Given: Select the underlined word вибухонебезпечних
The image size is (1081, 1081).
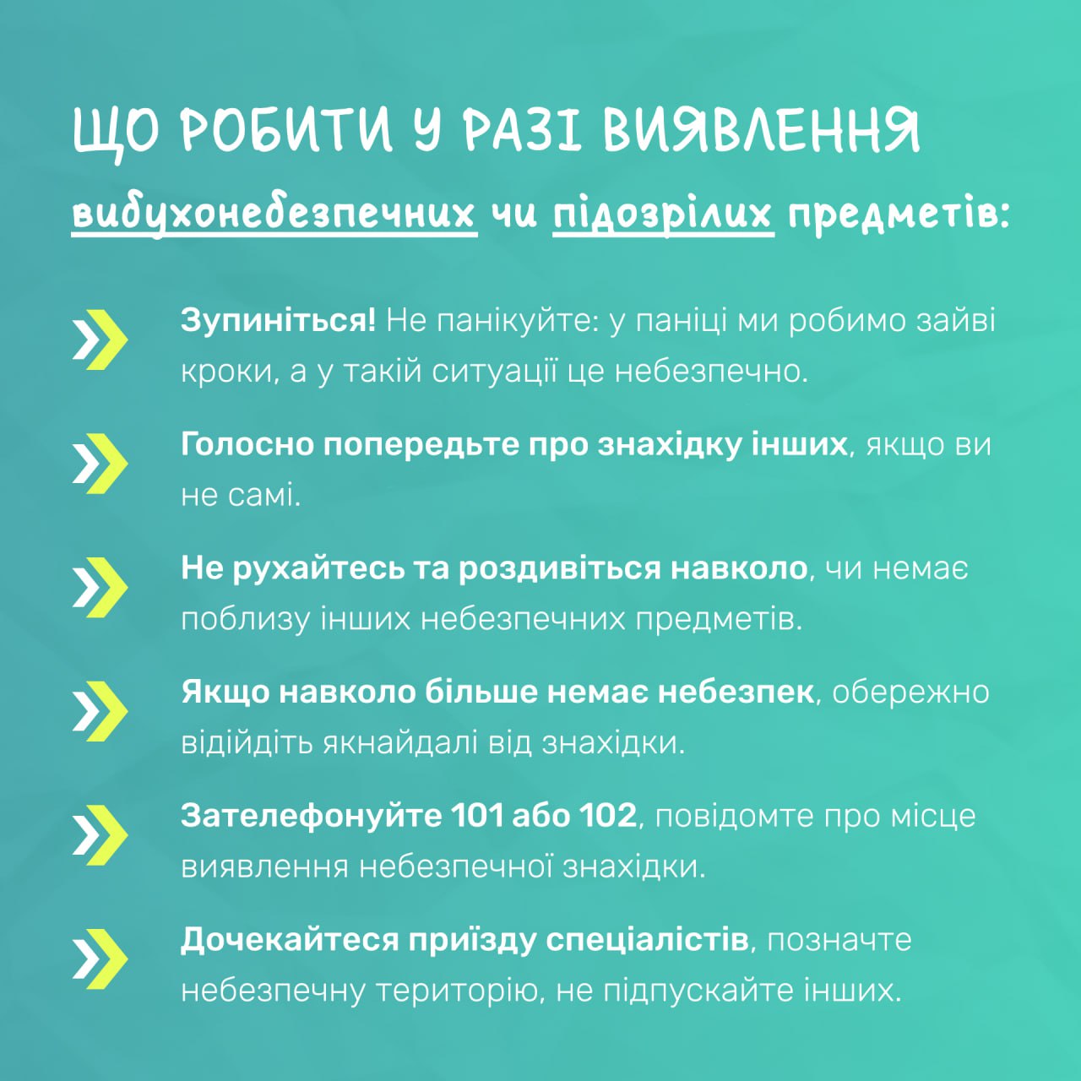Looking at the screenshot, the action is (x=274, y=215).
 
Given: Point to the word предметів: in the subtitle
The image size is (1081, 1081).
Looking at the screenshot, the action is (x=899, y=215).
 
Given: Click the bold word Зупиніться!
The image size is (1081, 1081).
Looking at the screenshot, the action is (x=278, y=322).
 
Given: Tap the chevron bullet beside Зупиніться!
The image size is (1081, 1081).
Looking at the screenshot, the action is (x=100, y=340).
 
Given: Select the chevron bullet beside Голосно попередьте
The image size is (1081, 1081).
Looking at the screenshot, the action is (x=100, y=464).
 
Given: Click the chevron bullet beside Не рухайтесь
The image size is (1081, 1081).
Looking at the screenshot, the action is (x=100, y=587).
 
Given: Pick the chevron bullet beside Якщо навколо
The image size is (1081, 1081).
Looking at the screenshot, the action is (x=100, y=711).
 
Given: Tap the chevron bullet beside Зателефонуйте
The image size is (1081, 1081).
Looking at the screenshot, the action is (x=100, y=835).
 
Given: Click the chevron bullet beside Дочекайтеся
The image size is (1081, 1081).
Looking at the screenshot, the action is (x=100, y=959).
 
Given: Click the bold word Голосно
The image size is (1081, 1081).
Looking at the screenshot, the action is (x=247, y=445).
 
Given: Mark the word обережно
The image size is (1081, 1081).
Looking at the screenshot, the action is (x=910, y=693).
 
